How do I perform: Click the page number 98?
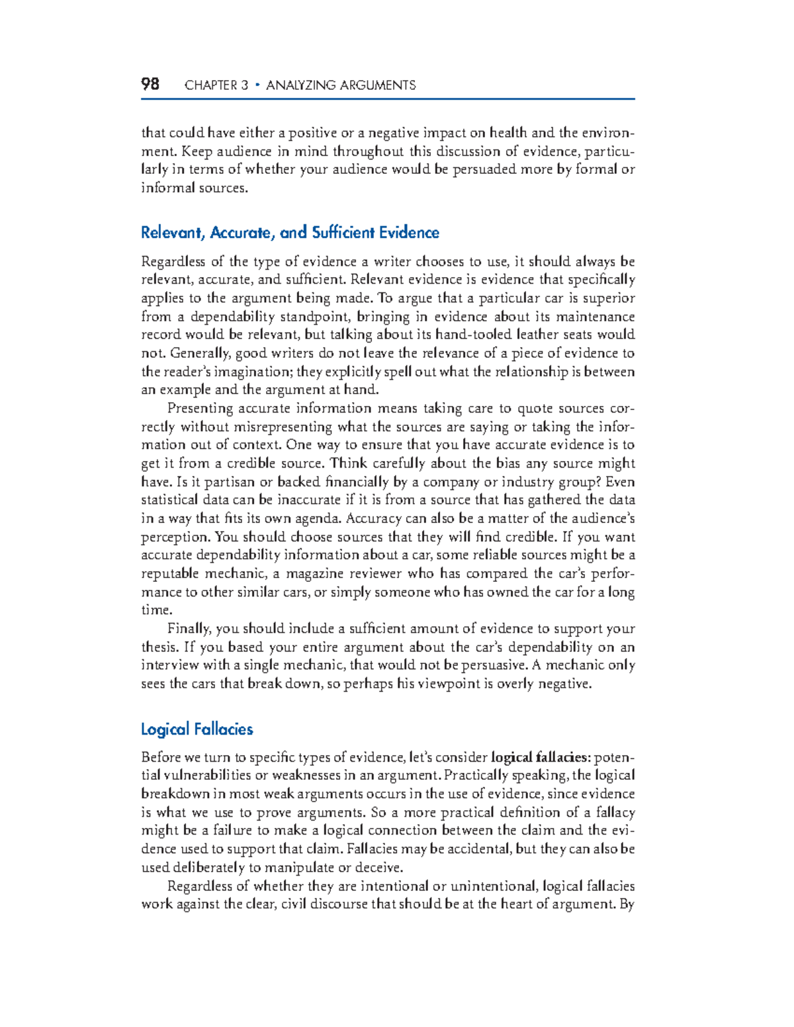tap(150, 84)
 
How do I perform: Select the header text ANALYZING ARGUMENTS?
tap(341, 85)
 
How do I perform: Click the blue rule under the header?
tap(388, 99)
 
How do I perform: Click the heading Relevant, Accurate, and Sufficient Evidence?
tap(290, 233)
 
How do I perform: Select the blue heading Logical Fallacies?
tap(197, 729)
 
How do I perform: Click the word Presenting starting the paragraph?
tap(200, 408)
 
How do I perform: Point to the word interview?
tap(169, 665)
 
